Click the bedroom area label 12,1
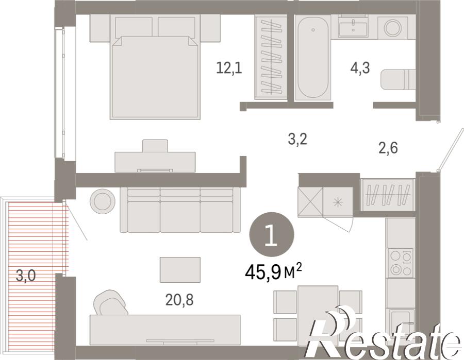[x=229, y=68]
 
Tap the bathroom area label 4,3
[x=360, y=68]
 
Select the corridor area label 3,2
[x=297, y=139]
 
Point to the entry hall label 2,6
[x=388, y=147]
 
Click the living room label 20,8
[x=179, y=300]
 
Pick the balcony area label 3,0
[x=26, y=276]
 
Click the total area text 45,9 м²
[x=273, y=272]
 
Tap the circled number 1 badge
[x=272, y=234]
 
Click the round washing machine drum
[x=393, y=27]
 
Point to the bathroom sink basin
[x=353, y=27]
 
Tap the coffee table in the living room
[x=180, y=269]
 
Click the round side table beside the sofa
[x=102, y=201]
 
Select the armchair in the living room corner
[x=110, y=303]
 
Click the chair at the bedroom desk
[x=155, y=146]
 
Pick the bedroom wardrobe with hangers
[x=271, y=57]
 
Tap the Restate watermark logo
[x=383, y=333]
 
